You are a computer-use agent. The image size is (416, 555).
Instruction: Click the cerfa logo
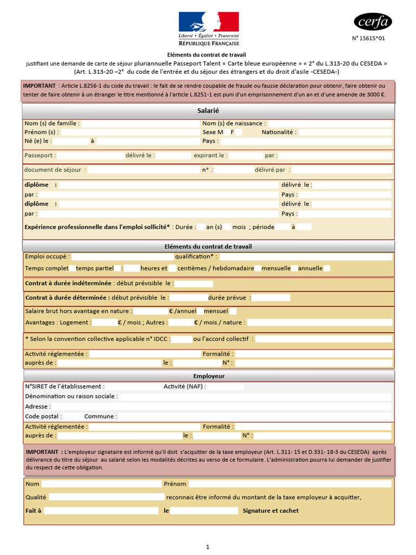tap(373, 21)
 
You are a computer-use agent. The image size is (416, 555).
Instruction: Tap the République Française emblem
tap(209, 28)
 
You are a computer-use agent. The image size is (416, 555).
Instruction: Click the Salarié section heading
tap(208, 111)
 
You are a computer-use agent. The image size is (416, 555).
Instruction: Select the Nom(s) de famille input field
tap(140, 124)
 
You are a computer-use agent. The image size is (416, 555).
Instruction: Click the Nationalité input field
tap(345, 132)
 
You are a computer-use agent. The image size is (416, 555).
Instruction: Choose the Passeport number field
tap(89, 156)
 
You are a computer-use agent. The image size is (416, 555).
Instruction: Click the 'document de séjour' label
tap(55, 170)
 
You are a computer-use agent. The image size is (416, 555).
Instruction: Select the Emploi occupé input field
tap(121, 256)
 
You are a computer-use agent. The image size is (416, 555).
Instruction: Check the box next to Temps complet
tap(73, 268)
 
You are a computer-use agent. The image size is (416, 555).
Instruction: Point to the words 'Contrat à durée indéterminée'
tap(68, 283)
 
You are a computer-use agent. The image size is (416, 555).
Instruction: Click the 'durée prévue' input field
tap(271, 298)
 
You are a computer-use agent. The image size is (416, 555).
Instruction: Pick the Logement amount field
tap(105, 322)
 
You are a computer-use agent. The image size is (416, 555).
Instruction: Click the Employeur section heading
tap(209, 376)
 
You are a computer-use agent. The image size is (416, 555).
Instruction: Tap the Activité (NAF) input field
tap(225, 387)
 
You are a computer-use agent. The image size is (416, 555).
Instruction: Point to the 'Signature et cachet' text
tap(270, 511)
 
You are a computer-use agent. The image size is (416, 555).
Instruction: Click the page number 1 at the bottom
tap(207, 547)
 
